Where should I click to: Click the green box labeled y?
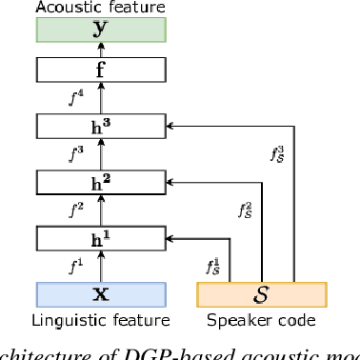point(100,29)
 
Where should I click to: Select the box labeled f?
point(100,69)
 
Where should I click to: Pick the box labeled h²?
point(100,181)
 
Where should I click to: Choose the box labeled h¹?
point(100,237)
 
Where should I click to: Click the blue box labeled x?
point(100,293)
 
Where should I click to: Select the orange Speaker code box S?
point(261,293)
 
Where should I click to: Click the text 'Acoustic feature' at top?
point(100,7)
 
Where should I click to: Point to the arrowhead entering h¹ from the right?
point(170,237)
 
